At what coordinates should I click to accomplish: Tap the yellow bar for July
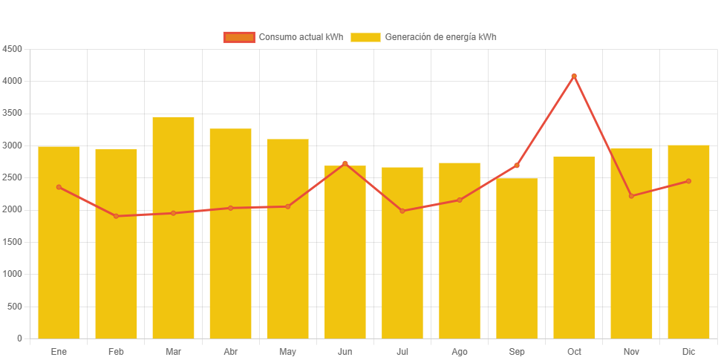(x=402, y=252)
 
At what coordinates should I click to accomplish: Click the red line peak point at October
(x=574, y=76)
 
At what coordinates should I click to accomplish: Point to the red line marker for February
(x=116, y=216)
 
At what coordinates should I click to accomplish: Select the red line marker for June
(x=345, y=163)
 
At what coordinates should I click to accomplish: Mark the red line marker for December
(x=688, y=181)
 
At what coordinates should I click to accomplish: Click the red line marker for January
(x=59, y=187)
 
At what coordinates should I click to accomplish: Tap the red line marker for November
(x=631, y=196)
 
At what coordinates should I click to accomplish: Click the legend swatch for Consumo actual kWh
(x=238, y=37)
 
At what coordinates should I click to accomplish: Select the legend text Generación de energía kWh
(x=440, y=37)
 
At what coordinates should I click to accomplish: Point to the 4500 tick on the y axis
(x=13, y=49)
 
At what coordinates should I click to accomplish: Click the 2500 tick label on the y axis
(x=13, y=177)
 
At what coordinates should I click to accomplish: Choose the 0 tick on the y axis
(x=19, y=338)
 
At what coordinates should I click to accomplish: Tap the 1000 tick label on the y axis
(x=13, y=274)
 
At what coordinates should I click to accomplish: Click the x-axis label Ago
(x=460, y=351)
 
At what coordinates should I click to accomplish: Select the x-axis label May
(x=287, y=351)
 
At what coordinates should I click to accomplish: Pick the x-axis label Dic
(x=688, y=351)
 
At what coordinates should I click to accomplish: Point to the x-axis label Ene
(x=59, y=351)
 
